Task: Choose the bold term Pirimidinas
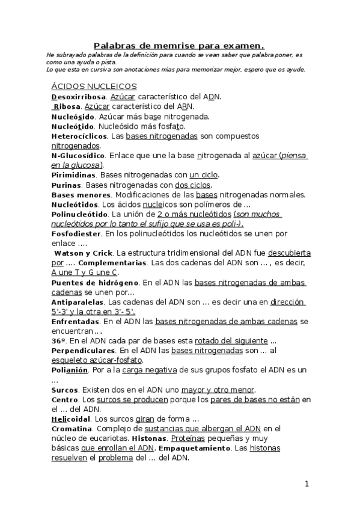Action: [74, 174]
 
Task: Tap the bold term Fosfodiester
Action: [76, 233]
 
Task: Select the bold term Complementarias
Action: [112, 263]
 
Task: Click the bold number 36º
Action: [59, 340]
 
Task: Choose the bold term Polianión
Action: [70, 370]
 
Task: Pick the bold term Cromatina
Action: [72, 428]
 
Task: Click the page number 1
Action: [306, 484]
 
